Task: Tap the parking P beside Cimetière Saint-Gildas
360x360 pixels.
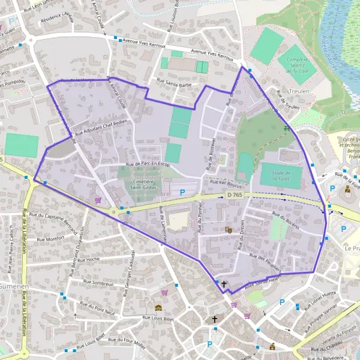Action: tap(183, 192)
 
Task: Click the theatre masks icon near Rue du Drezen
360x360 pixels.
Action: tap(228, 229)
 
